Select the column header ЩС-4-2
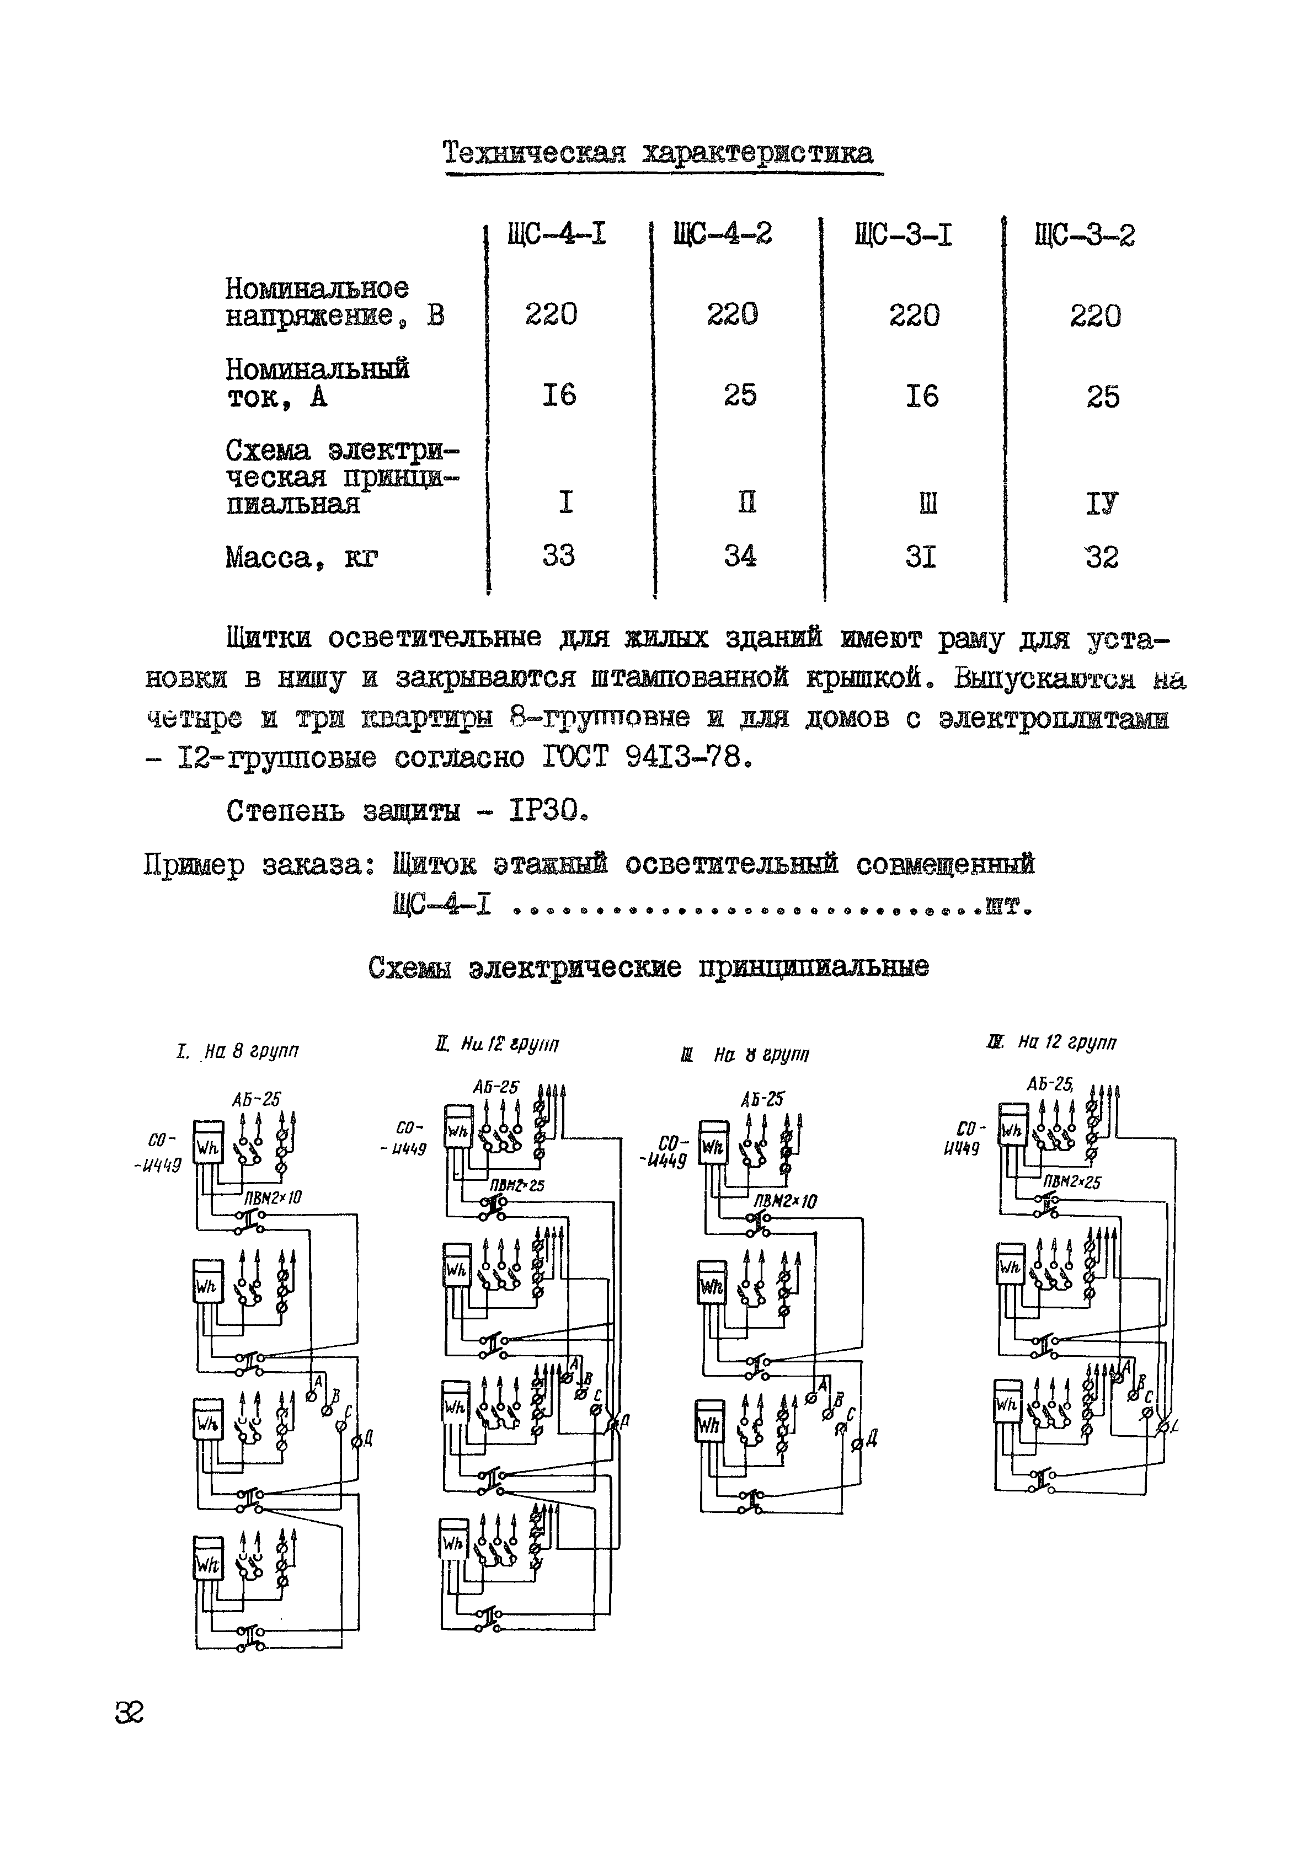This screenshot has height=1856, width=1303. click(722, 234)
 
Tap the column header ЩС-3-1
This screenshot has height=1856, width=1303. click(903, 235)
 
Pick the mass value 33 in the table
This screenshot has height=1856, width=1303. click(558, 555)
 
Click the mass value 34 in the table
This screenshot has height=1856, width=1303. click(740, 555)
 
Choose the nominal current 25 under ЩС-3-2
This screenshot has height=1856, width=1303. click(1103, 396)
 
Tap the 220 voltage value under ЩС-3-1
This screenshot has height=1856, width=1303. click(914, 314)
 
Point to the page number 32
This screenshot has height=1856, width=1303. click(129, 1712)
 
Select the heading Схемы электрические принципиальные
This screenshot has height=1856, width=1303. click(648, 967)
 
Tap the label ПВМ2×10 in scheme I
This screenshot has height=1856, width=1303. click(273, 1196)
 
